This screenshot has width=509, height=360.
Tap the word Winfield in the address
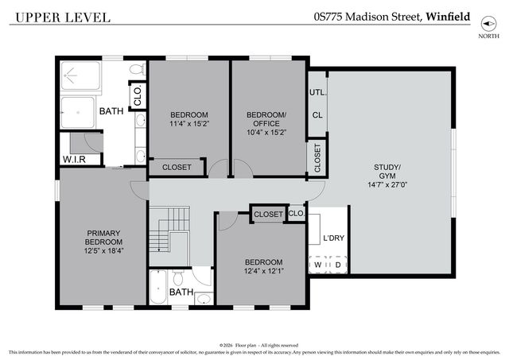pos(448,16)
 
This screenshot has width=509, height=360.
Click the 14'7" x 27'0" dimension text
pos(388,184)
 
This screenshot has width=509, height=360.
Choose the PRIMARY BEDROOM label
pos(104,237)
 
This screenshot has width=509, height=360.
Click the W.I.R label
pos(80,160)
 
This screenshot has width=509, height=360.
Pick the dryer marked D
pos(339,264)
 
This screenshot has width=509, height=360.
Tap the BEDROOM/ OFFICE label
pos(266,118)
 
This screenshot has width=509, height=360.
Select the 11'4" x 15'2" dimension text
pos(188,123)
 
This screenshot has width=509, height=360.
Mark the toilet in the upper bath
pos(136,70)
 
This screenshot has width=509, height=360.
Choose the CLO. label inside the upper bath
pos(138,97)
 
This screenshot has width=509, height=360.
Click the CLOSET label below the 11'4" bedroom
pos(177,167)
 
